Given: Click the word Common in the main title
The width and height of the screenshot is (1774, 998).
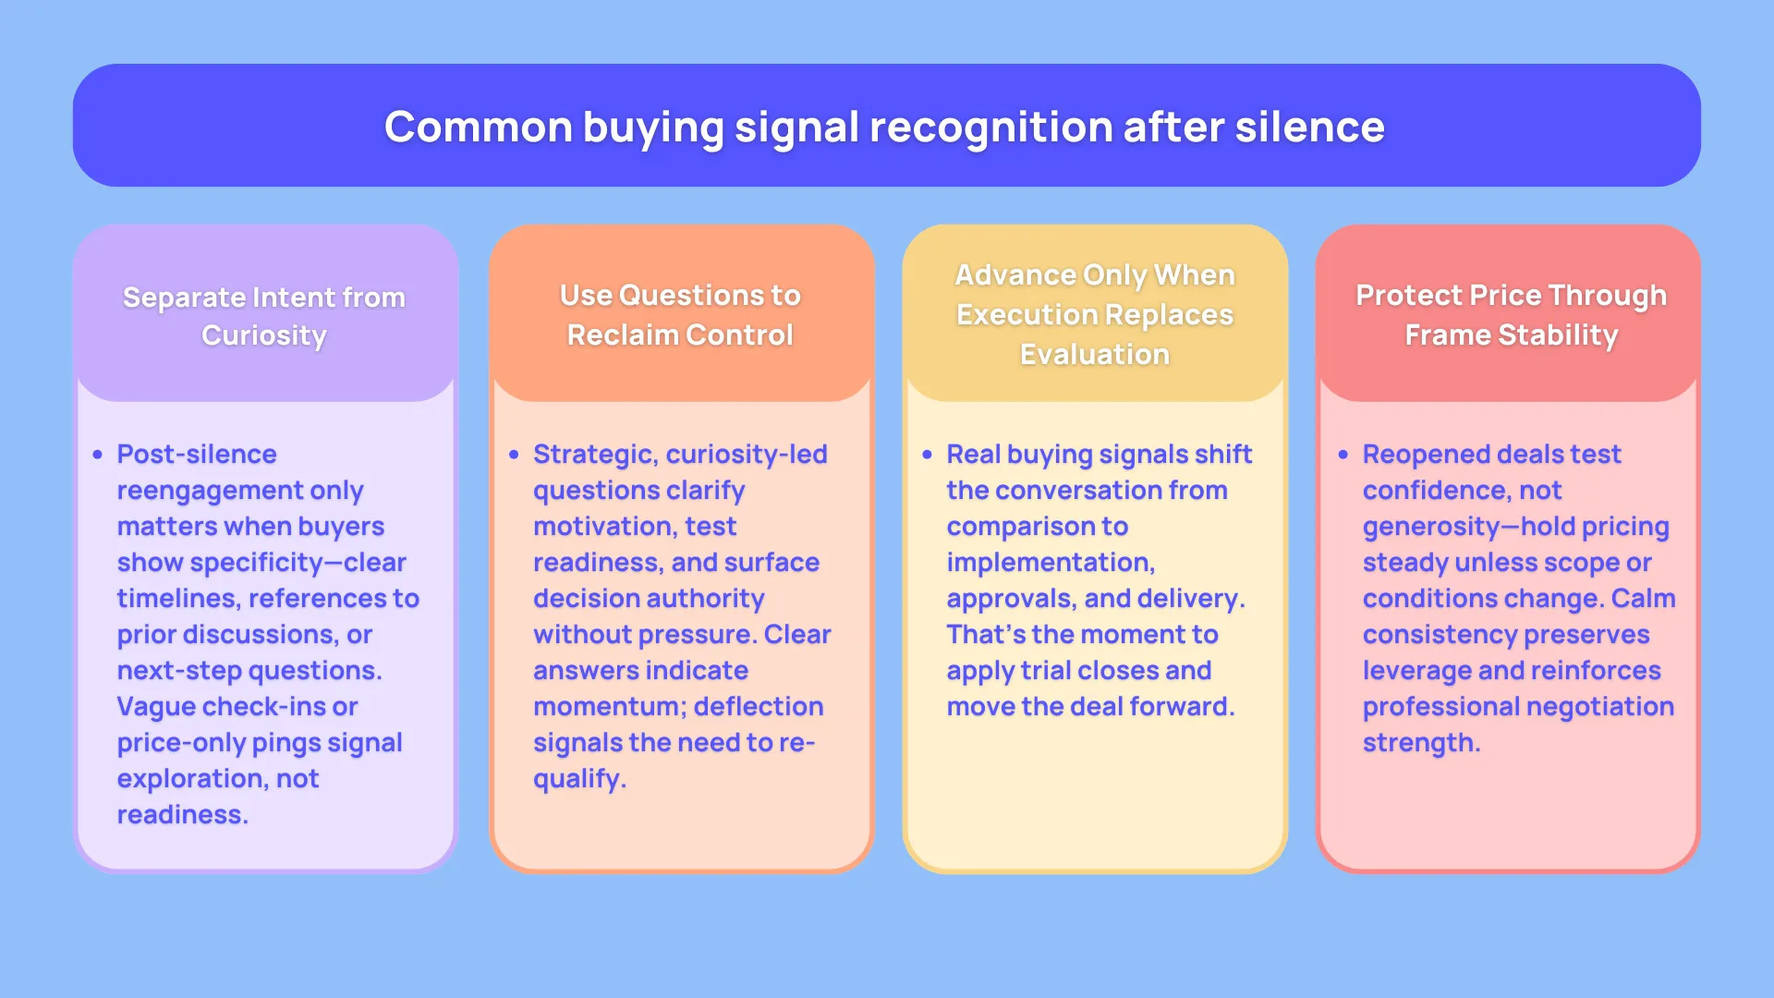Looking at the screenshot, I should [x=478, y=127].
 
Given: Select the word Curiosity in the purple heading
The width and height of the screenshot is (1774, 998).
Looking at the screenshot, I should [x=264, y=335].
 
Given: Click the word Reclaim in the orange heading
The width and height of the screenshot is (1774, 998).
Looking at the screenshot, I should [x=623, y=335].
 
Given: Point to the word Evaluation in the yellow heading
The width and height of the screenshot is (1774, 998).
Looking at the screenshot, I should [x=1095, y=354].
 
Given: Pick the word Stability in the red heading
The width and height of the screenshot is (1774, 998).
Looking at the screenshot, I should [x=1558, y=335].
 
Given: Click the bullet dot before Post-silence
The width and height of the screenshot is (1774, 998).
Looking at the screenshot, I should [x=98, y=455].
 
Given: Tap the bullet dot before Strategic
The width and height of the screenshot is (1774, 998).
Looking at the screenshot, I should [x=514, y=455].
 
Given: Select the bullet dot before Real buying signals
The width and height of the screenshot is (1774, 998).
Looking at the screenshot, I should [x=927, y=455].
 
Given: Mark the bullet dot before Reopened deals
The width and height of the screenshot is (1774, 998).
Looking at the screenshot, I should [x=1343, y=455].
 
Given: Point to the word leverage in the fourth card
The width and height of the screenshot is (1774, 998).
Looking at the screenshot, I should [x=1416, y=671].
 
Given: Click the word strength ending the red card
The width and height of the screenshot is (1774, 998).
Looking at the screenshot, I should [x=1418, y=743].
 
